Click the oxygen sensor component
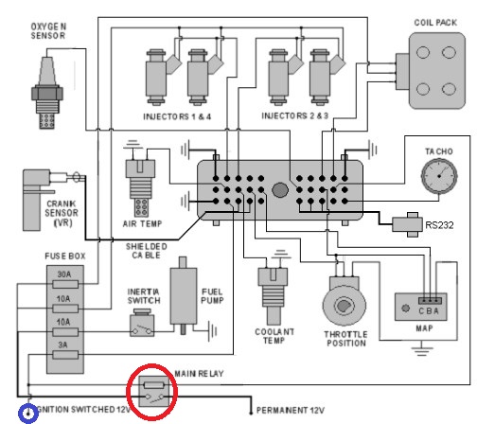[x=47, y=93]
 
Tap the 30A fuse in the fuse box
[x=65, y=285]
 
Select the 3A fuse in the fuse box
[x=65, y=355]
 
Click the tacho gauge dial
[x=439, y=176]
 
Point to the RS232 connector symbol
[x=408, y=224]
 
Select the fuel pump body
[x=184, y=296]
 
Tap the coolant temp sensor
[x=273, y=295]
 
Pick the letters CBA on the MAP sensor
[x=429, y=311]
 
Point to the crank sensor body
[x=36, y=200]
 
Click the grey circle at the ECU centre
[x=280, y=190]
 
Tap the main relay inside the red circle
[x=153, y=392]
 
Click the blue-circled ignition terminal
[x=28, y=413]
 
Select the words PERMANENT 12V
[x=291, y=410]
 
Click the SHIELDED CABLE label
[x=147, y=251]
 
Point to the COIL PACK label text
[x=435, y=23]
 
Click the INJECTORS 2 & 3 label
[x=295, y=115]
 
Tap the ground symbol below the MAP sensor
[x=422, y=349]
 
